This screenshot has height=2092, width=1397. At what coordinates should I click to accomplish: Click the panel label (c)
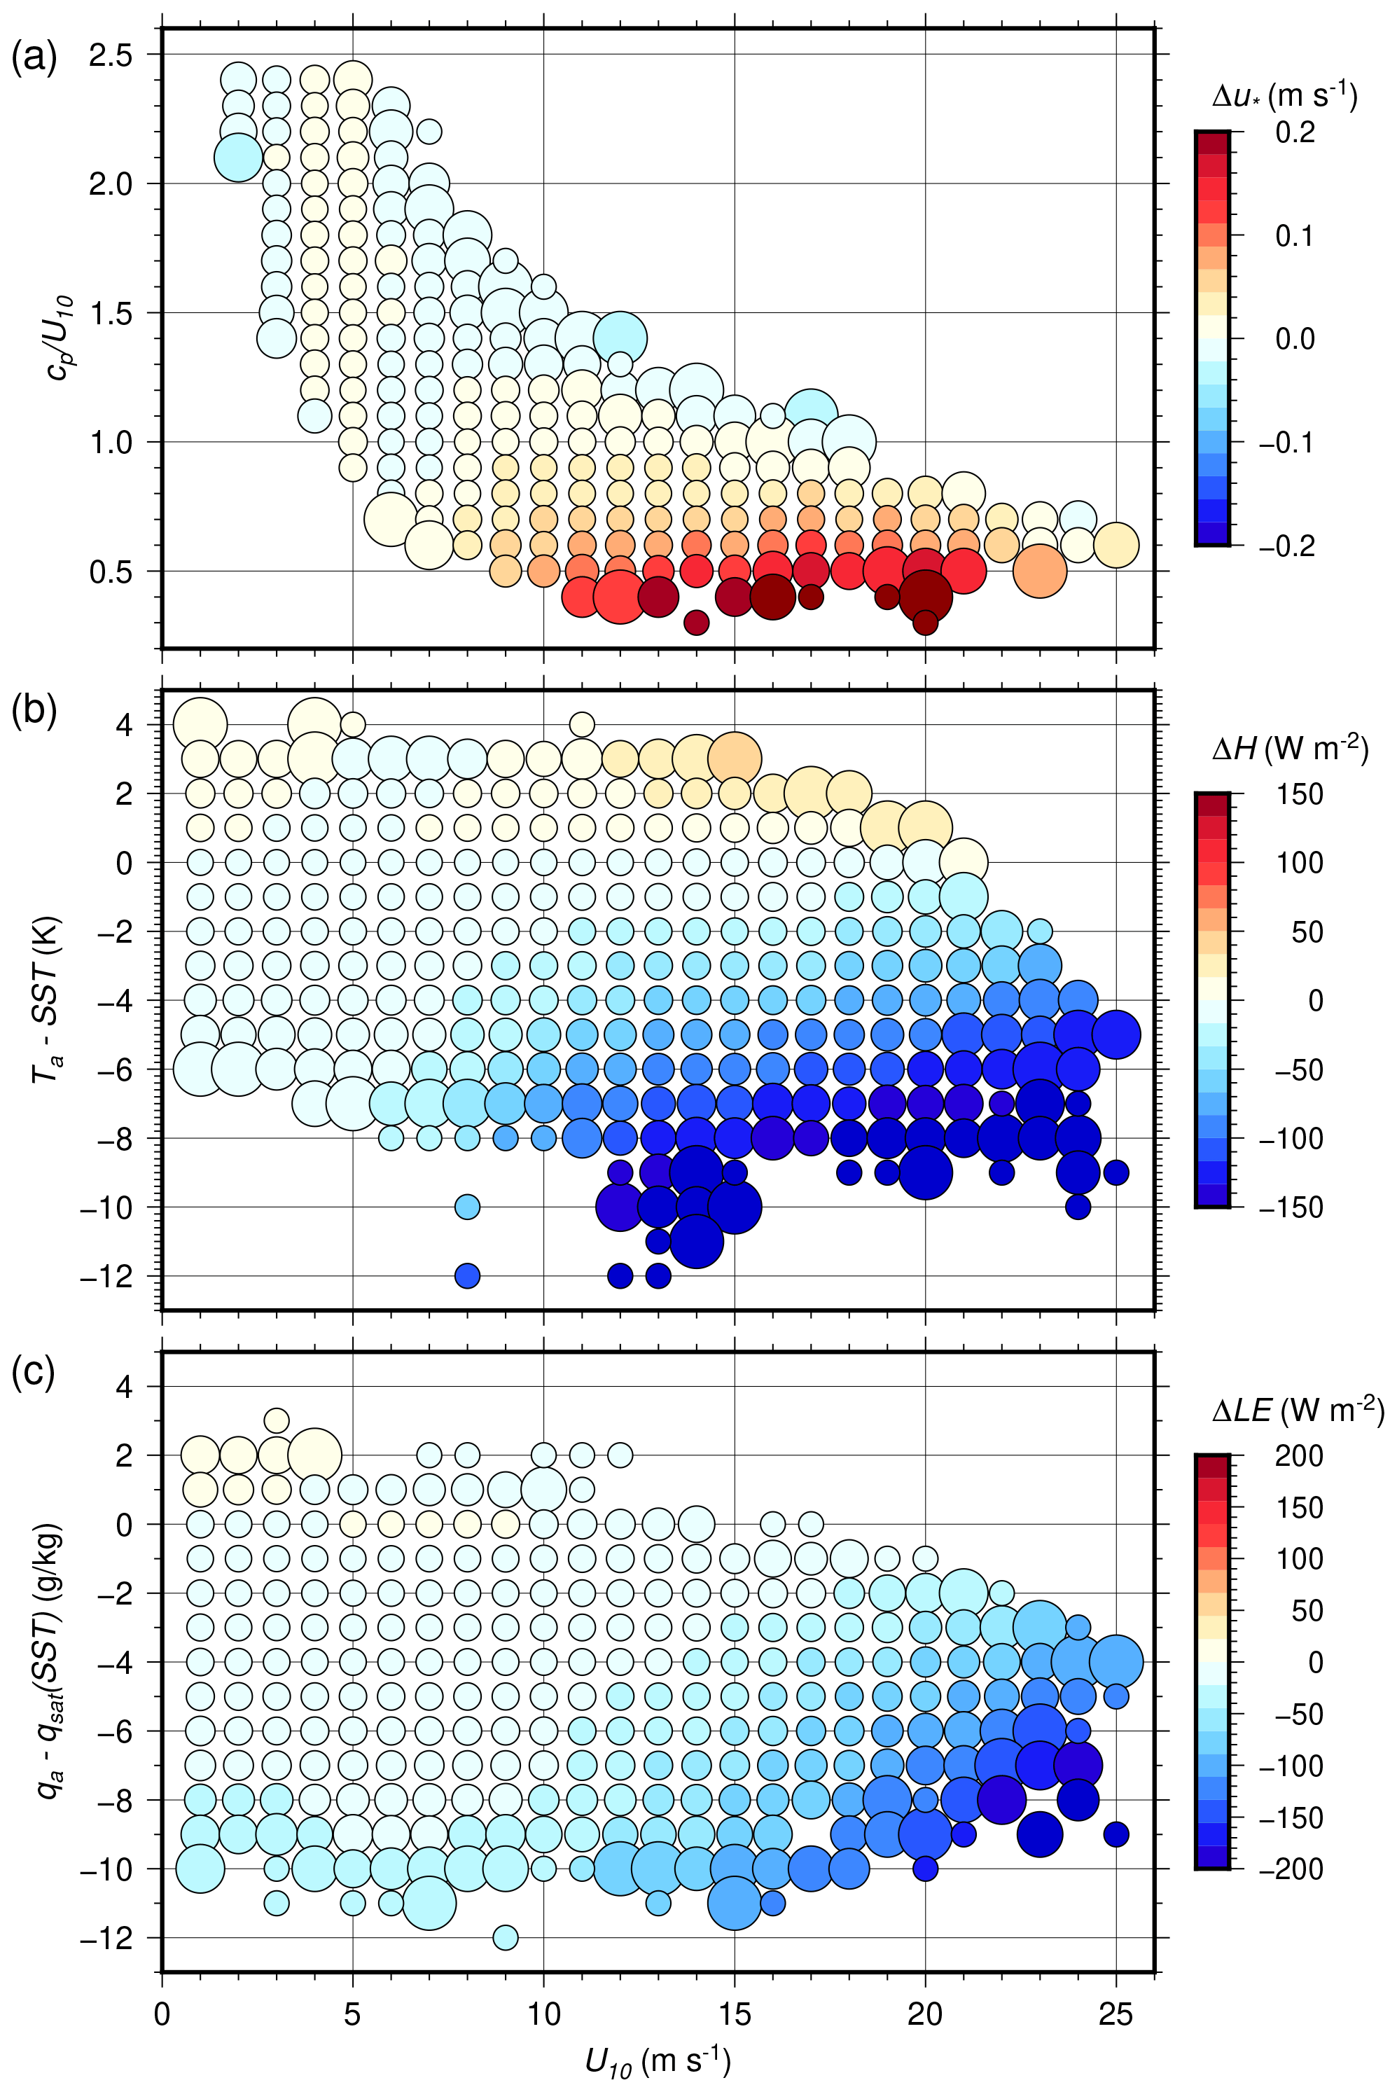[33, 1371]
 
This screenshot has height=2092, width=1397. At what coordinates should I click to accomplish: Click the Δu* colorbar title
[1284, 95]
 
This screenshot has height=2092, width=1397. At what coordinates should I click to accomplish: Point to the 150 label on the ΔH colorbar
[1300, 794]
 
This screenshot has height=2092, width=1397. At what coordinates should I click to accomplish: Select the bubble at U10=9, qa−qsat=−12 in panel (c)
[505, 1937]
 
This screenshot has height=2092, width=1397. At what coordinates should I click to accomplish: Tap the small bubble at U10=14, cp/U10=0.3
[696, 623]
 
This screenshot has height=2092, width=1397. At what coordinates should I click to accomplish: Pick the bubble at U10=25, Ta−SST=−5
[1115, 1034]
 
